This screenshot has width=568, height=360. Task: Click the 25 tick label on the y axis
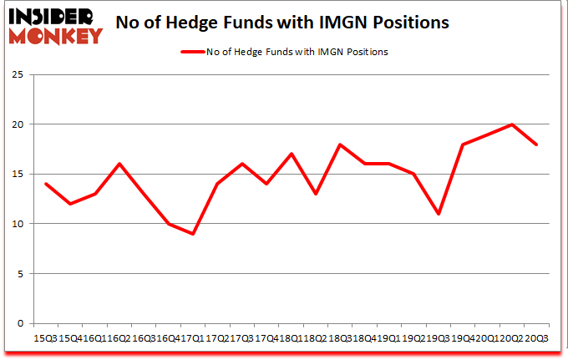[20, 74]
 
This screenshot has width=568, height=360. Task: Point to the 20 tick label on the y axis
[20, 124]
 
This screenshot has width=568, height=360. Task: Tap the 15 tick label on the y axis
[20, 174]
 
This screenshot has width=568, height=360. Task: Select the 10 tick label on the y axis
[20, 224]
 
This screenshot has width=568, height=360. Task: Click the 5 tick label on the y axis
[23, 273]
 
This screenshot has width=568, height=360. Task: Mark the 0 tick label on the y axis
[23, 323]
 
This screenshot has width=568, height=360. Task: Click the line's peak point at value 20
[511, 124]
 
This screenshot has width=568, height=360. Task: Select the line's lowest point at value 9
[193, 234]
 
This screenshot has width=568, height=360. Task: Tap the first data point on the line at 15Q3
[47, 184]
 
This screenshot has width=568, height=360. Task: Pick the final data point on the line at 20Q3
[536, 145]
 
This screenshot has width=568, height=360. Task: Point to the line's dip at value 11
[438, 214]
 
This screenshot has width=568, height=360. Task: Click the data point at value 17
[292, 154]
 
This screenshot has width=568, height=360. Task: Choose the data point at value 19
[487, 134]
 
